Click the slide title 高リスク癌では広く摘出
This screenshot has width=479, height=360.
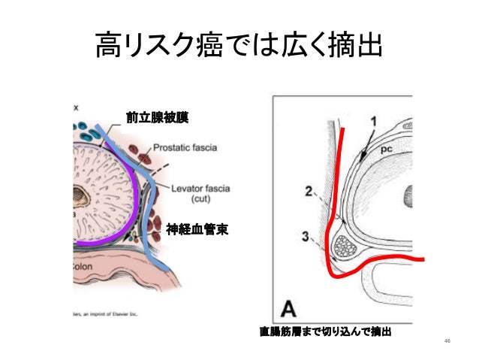click(x=239, y=47)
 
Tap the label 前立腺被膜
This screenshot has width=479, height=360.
click(x=158, y=117)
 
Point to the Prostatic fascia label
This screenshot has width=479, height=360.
click(x=185, y=147)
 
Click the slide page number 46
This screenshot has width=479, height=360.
click(x=447, y=342)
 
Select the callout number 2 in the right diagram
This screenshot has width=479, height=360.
click(x=309, y=192)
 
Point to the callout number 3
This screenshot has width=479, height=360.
click(x=306, y=237)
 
